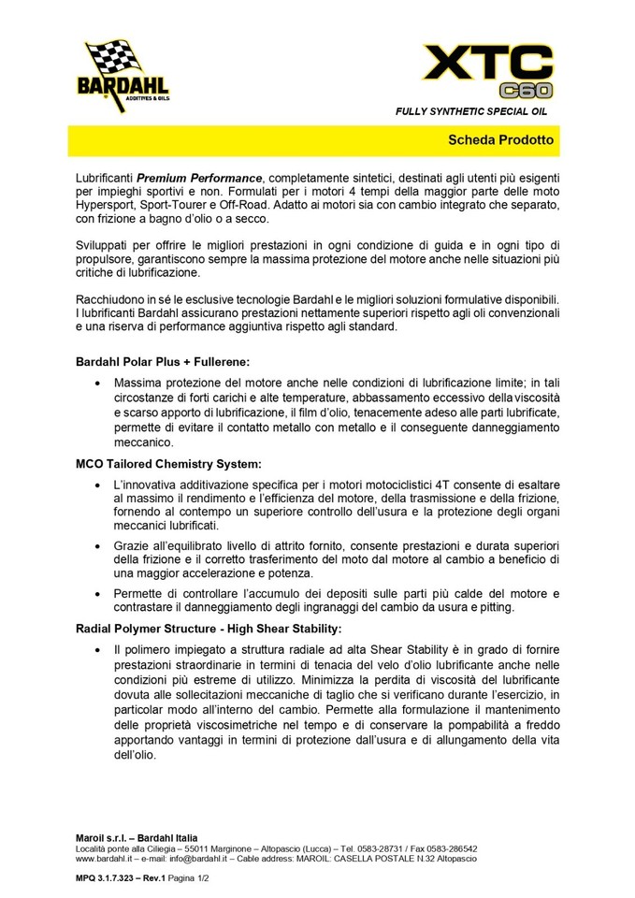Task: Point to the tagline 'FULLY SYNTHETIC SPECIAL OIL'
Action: click(x=471, y=111)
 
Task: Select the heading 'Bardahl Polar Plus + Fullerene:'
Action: click(x=163, y=361)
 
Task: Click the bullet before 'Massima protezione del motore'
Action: click(x=100, y=384)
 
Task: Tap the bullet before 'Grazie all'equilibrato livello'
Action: click(x=100, y=545)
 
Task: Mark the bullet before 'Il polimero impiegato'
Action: click(x=100, y=648)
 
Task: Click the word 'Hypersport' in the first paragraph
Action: click(x=110, y=204)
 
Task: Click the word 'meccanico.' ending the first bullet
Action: click(x=143, y=442)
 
